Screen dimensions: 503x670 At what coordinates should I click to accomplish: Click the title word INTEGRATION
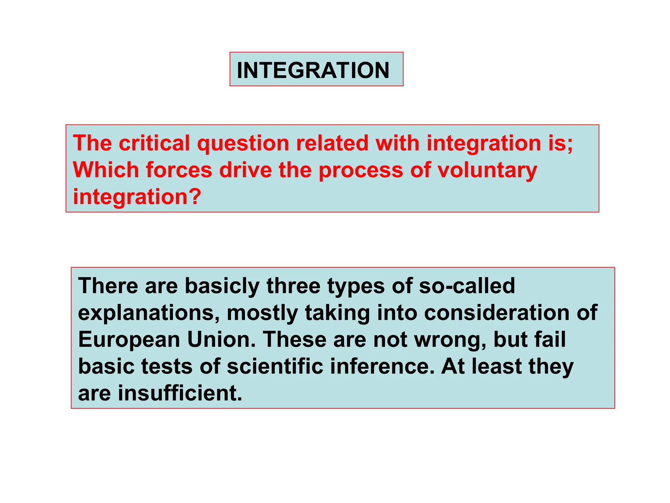[x=313, y=70]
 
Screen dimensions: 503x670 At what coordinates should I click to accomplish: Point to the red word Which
[x=106, y=170]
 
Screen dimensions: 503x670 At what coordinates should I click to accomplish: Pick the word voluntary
[x=487, y=171]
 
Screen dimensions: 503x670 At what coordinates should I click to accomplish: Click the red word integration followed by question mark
[x=136, y=197]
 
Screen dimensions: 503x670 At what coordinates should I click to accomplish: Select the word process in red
[x=361, y=171]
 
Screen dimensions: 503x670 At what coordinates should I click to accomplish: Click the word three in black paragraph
[x=293, y=286]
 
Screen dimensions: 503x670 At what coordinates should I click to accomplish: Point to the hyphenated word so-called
[x=467, y=286]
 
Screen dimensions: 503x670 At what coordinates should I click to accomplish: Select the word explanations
[x=149, y=313]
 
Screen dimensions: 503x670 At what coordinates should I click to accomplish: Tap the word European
[x=129, y=340]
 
